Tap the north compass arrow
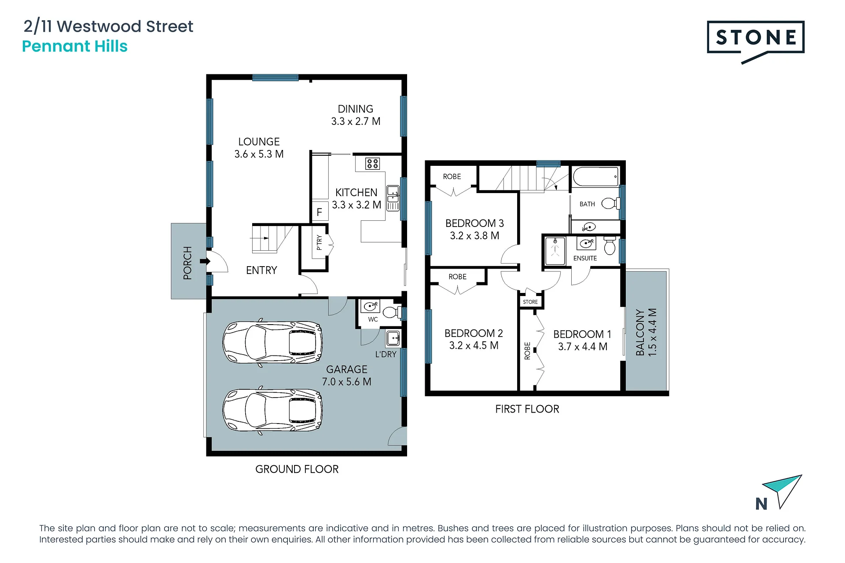783,490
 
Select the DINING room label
356,109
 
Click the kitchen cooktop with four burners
372,164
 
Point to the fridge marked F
320,212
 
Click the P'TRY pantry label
320,242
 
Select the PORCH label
188,263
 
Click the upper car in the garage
273,342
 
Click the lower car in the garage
273,410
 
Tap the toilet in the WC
391,312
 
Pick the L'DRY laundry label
386,355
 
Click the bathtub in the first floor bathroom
596,177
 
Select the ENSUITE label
585,258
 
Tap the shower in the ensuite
555,251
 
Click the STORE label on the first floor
530,302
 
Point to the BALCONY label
640,333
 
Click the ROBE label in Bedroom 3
452,177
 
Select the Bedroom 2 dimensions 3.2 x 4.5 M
474,346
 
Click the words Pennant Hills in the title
75,46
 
